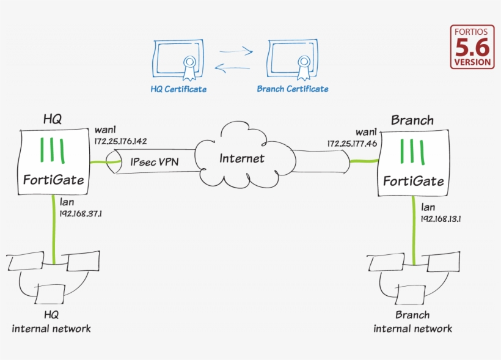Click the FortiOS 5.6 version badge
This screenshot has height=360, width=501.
(472, 46)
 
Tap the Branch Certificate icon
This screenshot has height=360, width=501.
(292, 60)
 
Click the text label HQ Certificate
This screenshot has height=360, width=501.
(178, 89)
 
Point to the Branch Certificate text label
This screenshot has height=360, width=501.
(292, 89)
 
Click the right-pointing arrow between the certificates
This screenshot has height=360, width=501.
(236, 52)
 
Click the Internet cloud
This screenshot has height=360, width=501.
(242, 158)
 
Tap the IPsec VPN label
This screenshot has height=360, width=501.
(155, 163)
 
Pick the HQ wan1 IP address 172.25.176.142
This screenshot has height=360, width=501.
(120, 141)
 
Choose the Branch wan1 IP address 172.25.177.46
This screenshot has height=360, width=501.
(351, 144)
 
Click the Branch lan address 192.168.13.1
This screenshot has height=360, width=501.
(440, 218)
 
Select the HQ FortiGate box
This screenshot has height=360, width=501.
(54, 162)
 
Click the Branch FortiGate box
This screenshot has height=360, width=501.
(414, 164)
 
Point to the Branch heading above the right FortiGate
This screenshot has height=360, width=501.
(412, 120)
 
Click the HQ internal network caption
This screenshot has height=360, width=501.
(51, 322)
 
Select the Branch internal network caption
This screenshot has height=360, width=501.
(412, 322)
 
